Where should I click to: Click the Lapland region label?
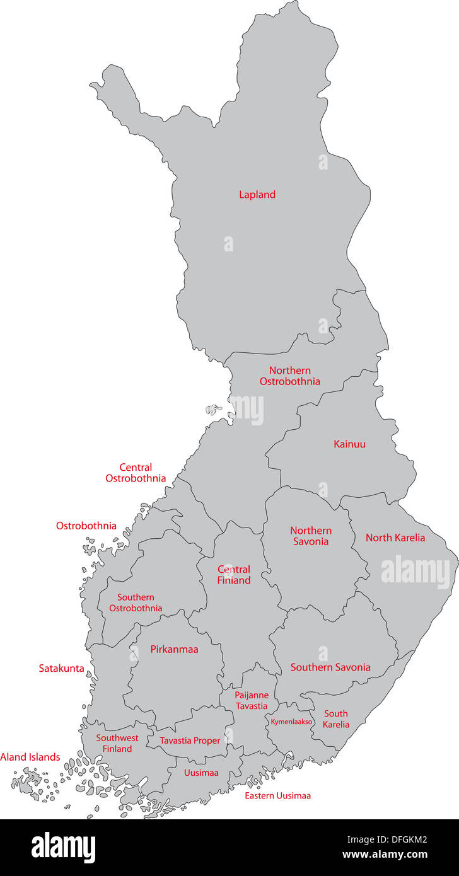pyautogui.click(x=257, y=195)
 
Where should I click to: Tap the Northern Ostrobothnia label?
pyautogui.click(x=289, y=376)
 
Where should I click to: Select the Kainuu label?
pyautogui.click(x=349, y=444)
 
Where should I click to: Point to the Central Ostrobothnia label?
pyautogui.click(x=136, y=473)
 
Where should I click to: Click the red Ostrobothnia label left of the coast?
pyautogui.click(x=86, y=526)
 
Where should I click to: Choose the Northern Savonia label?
pyautogui.click(x=310, y=536)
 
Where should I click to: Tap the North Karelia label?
pyautogui.click(x=395, y=538)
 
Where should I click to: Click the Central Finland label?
pyautogui.click(x=234, y=575)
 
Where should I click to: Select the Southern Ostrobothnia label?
pyautogui.click(x=136, y=603)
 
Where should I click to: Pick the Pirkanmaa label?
pyautogui.click(x=174, y=649)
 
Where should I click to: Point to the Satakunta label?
pyautogui.click(x=61, y=668)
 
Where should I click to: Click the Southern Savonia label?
pyautogui.click(x=330, y=667)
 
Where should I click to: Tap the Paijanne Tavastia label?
pyautogui.click(x=252, y=701)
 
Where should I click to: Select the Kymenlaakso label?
pyautogui.click(x=291, y=722)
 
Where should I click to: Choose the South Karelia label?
pyautogui.click(x=336, y=719)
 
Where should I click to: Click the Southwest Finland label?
pyautogui.click(x=117, y=743)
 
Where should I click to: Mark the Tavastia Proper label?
pyautogui.click(x=190, y=741)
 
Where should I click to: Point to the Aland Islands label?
pyautogui.click(x=30, y=757)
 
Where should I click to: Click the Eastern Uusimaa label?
pyautogui.click(x=277, y=795)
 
